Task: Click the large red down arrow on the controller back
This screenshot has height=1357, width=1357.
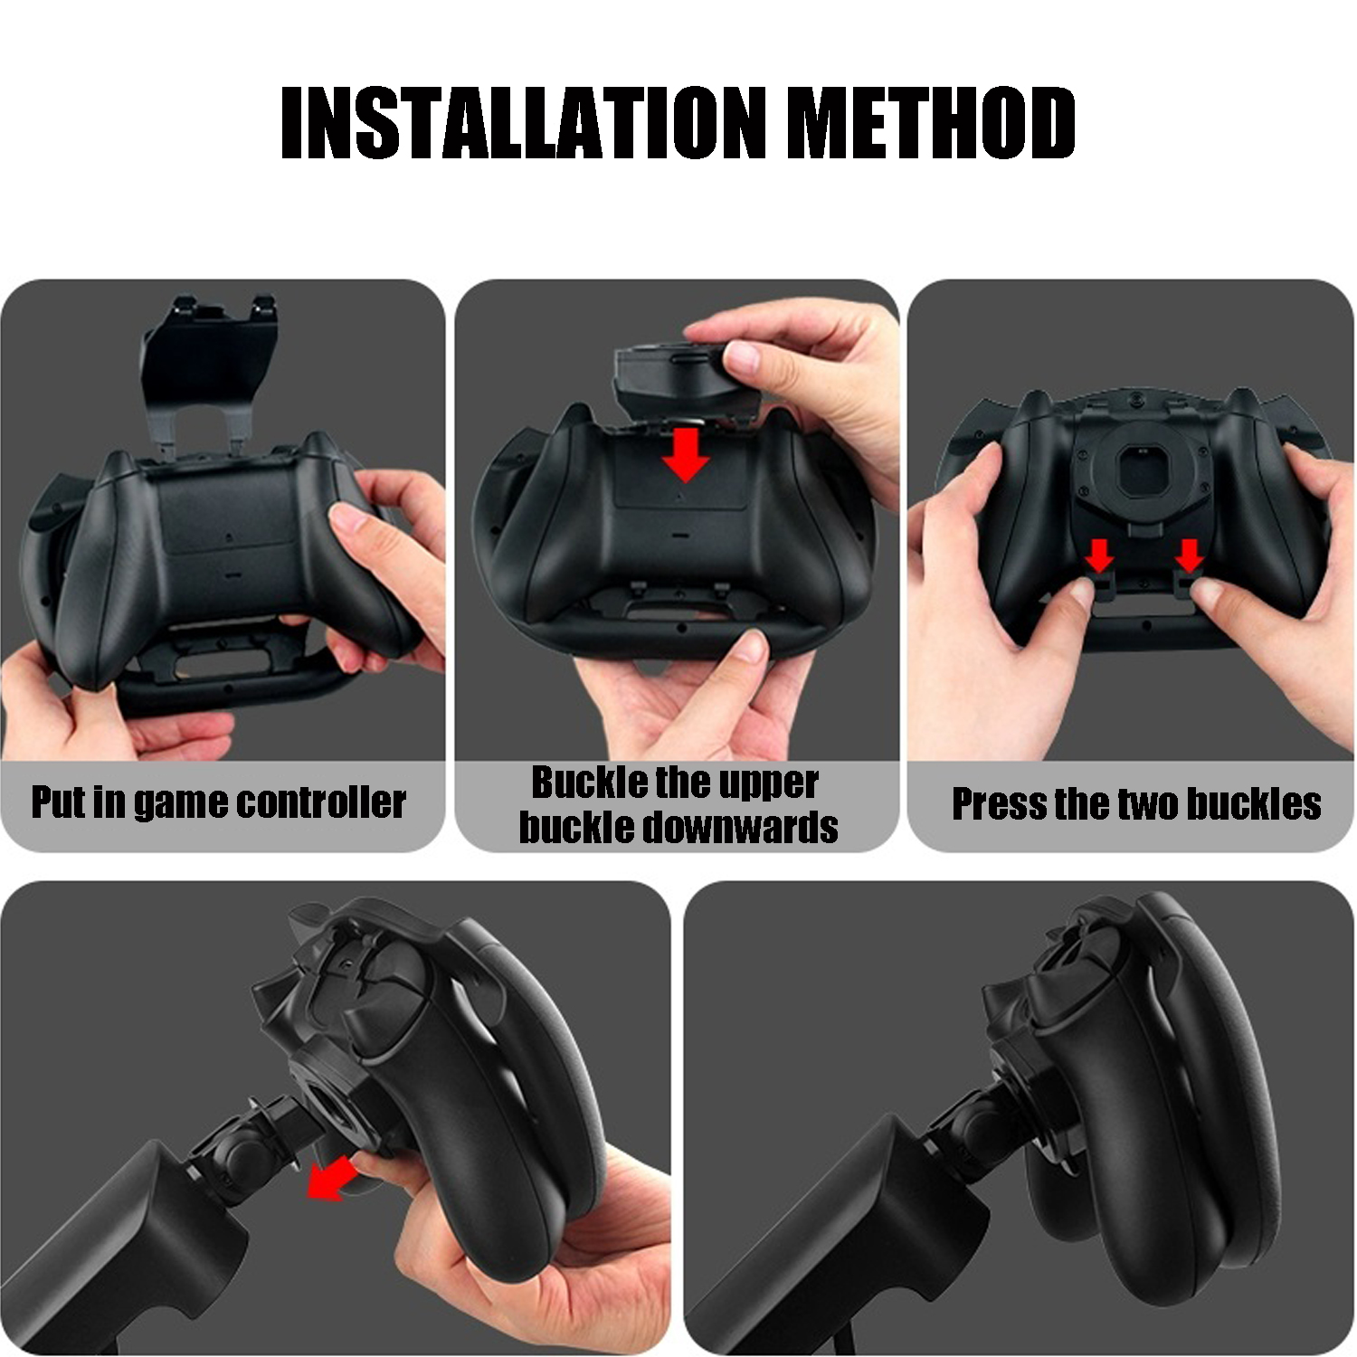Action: tap(685, 455)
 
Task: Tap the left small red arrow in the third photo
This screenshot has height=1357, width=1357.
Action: tap(1099, 555)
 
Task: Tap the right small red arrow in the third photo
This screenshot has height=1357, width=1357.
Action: tap(1189, 555)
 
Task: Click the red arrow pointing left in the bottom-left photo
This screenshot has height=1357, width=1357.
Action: tap(327, 1179)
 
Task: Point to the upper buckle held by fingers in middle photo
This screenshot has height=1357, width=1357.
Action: tap(669, 378)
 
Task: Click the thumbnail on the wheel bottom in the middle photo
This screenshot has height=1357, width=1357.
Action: tap(751, 645)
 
